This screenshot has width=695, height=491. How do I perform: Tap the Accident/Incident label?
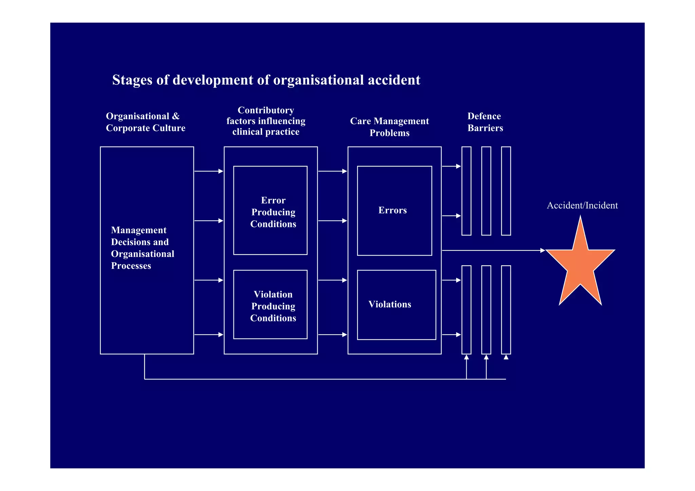tap(582, 205)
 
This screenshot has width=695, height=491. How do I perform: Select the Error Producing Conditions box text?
tap(273, 212)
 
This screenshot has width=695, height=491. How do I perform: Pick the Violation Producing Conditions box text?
tap(273, 306)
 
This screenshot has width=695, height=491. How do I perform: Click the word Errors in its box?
tap(393, 210)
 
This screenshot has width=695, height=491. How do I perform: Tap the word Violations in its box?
tap(390, 304)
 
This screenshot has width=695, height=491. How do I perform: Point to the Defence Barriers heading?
tap(485, 122)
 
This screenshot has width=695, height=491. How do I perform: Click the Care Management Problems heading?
tap(390, 127)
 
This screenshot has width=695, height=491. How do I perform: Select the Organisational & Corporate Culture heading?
tap(146, 122)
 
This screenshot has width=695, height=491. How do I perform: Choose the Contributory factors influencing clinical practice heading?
tap(266, 121)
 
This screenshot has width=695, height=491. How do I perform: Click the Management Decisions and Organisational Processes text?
tap(143, 248)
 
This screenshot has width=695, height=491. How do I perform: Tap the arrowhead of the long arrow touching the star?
tap(542, 250)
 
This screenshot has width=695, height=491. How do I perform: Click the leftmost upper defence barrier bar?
tap(466, 191)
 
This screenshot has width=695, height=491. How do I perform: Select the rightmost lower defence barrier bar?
tap(506, 309)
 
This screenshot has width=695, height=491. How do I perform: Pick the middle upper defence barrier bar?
tap(486, 191)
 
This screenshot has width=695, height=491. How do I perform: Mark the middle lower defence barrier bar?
tap(486, 309)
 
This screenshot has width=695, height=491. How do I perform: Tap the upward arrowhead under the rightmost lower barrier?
tap(506, 357)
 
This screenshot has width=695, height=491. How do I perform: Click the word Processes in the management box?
tap(131, 266)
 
